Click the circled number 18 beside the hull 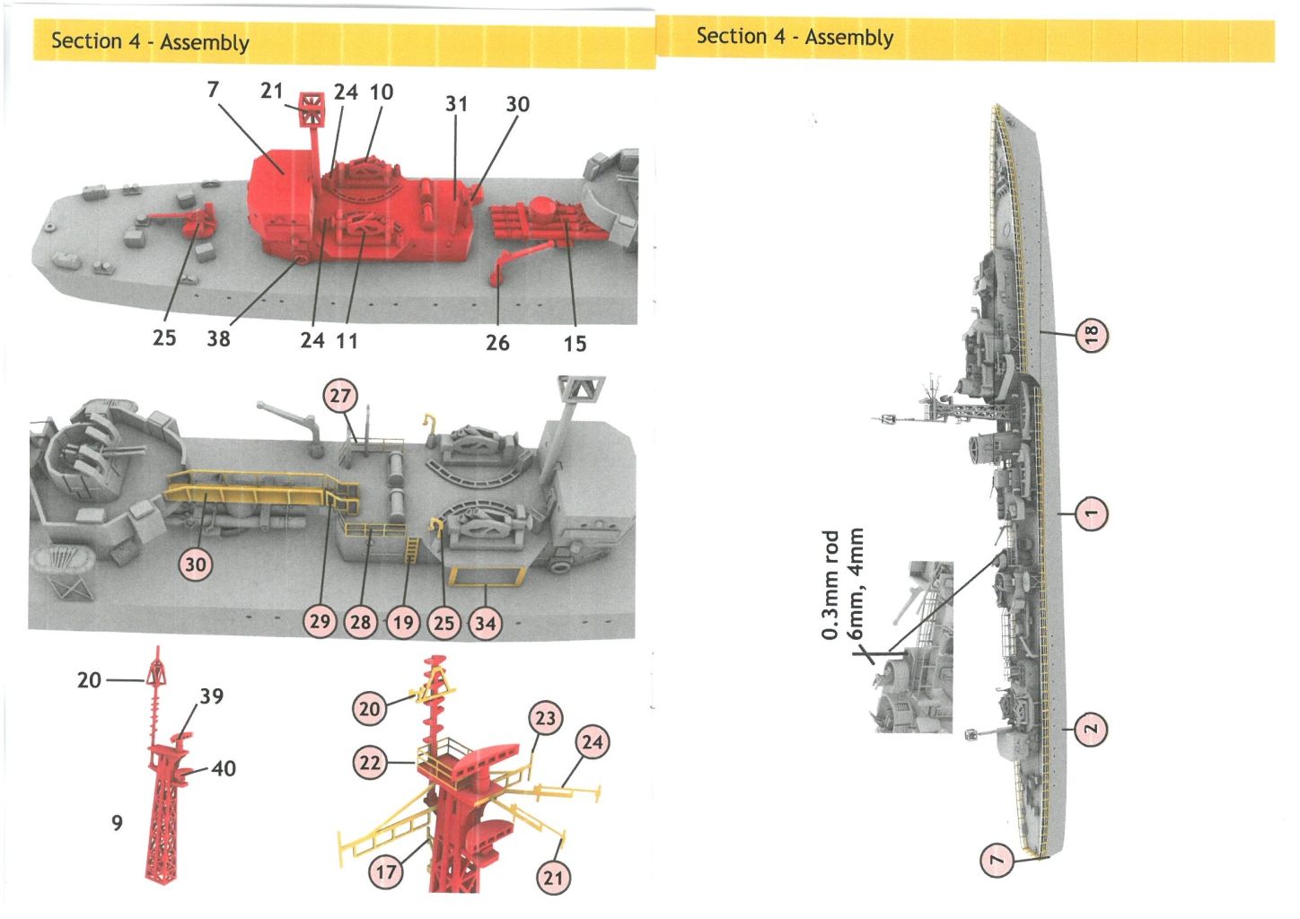click(x=1092, y=335)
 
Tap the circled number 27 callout click(x=340, y=396)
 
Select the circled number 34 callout click(x=486, y=622)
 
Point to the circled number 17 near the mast click(x=386, y=871)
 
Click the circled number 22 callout click(x=370, y=763)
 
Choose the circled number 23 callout click(x=546, y=718)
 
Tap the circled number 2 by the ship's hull click(x=1090, y=729)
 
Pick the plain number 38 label click(x=218, y=339)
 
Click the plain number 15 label click(x=575, y=344)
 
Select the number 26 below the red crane click(x=497, y=343)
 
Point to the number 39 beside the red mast click(x=212, y=696)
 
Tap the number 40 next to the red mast click(x=224, y=768)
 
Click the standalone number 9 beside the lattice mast click(x=117, y=823)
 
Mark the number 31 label click(x=456, y=104)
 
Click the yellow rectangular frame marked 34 click(x=485, y=574)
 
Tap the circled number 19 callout click(x=403, y=622)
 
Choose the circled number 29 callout click(x=320, y=621)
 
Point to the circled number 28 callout click(x=361, y=622)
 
